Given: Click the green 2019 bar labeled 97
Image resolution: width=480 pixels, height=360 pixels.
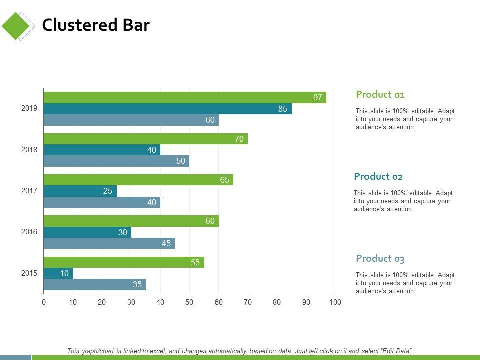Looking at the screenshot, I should point(185,97).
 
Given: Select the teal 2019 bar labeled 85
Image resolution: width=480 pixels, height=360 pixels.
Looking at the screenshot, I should point(167,109).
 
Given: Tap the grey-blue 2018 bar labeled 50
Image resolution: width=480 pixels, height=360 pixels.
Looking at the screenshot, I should point(116,161).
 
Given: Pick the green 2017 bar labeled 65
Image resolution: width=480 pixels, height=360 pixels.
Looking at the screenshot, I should point(138,180).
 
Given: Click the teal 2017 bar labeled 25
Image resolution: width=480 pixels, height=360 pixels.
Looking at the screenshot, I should point(80,191).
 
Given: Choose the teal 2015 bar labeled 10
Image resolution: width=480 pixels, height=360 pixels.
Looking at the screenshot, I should point(58,273).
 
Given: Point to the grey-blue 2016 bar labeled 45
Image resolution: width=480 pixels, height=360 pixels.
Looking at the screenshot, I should point(109,243).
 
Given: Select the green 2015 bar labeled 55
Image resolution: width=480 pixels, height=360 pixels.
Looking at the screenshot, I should point(124,262).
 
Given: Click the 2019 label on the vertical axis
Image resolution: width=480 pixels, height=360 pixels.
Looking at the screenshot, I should point(29,108).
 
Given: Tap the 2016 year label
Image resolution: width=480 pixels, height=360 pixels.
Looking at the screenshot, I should point(29,232).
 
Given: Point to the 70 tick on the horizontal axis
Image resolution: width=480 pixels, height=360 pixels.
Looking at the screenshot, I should point(248,302).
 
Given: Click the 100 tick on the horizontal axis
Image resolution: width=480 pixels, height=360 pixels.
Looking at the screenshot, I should point(335,302).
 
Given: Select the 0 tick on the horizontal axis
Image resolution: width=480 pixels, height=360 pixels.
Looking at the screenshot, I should point(44,302).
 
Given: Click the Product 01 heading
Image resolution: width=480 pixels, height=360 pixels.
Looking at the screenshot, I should point(380,94).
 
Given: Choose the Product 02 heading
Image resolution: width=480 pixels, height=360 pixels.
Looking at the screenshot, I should point(378,176).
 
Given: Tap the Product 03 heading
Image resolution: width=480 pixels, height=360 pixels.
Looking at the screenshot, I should point(380,258).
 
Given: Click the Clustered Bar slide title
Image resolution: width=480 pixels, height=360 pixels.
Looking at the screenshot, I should point(96,25).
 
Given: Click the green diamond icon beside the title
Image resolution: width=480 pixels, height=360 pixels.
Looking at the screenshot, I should point(16,26).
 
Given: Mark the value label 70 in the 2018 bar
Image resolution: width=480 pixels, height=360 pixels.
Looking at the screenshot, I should point(239,139).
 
